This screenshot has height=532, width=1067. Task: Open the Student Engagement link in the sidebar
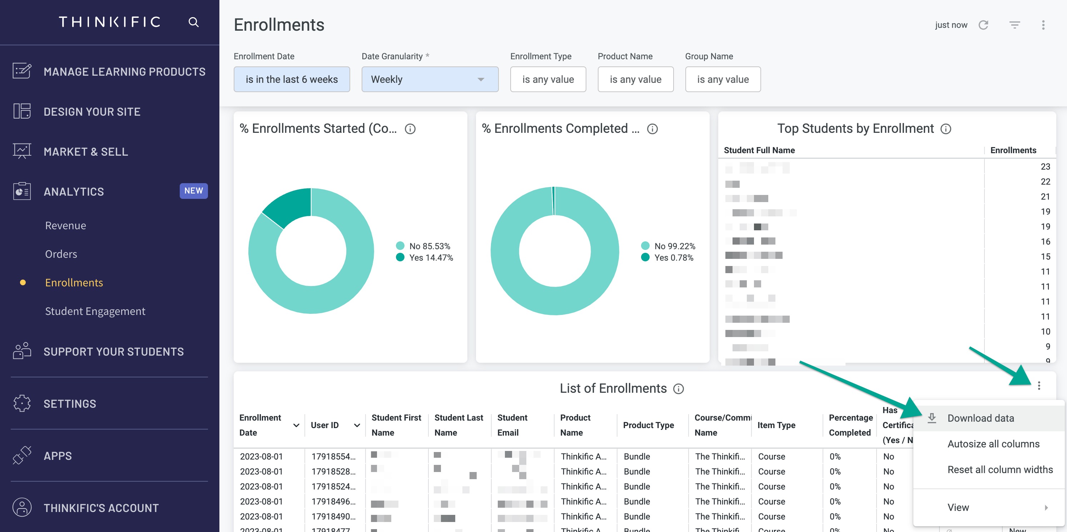pos(95,311)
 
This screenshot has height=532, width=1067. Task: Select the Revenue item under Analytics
pos(65,226)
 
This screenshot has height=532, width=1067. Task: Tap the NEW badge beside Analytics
pos(193,191)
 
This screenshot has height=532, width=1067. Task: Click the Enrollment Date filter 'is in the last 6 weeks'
pos(292,80)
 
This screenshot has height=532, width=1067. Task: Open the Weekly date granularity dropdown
pos(430,80)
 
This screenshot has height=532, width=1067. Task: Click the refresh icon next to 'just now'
pos(983,25)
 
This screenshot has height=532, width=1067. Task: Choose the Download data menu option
pos(981,418)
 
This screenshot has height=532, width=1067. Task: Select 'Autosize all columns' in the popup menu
pos(993,444)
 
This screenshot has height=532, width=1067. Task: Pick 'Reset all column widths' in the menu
pos(1000,470)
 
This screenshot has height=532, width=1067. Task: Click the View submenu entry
pos(958,507)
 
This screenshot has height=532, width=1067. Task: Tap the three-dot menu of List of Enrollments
pos(1039,386)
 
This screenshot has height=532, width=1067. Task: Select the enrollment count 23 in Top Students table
pos(1045,166)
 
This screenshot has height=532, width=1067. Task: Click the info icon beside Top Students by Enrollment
pos(946,129)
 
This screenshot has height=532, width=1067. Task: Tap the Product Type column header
pos(648,425)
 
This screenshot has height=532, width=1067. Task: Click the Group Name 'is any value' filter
pos(723,80)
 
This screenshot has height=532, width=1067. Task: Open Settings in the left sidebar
pos(70,404)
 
